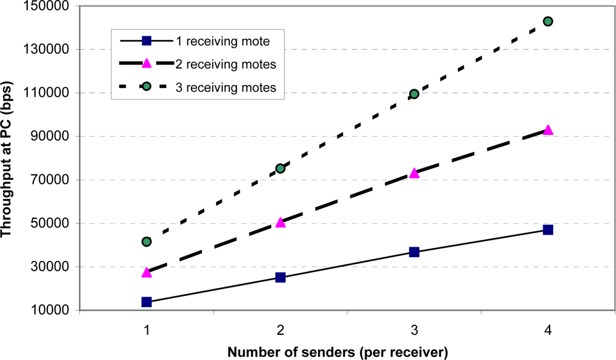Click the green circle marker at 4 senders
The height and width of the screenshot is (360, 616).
[548, 22]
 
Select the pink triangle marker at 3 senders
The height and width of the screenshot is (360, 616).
[414, 173]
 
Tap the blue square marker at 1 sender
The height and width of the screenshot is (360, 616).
[147, 302]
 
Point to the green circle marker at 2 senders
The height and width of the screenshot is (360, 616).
[280, 168]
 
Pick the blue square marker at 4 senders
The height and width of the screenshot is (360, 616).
[548, 230]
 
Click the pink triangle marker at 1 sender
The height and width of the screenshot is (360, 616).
[147, 272]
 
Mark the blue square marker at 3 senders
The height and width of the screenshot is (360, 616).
[414, 252]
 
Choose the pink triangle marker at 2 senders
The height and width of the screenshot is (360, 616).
[280, 223]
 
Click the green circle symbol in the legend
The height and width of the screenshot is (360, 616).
[146, 88]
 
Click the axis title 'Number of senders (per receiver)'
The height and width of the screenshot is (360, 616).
[337, 353]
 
